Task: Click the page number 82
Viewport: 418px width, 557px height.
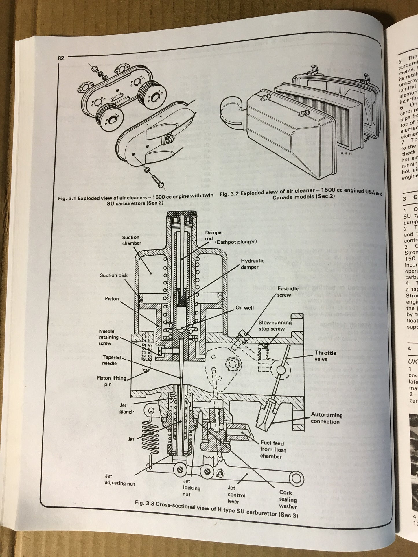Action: click(x=61, y=58)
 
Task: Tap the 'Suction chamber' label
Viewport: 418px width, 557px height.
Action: click(x=132, y=240)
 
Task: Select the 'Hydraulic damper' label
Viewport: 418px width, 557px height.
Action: click(x=252, y=264)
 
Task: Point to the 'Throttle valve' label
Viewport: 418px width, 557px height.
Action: click(x=325, y=356)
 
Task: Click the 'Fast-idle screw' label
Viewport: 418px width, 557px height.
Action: click(x=284, y=292)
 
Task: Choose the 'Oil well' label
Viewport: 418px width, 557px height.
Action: click(x=244, y=308)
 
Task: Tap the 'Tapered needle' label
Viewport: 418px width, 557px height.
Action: click(x=111, y=360)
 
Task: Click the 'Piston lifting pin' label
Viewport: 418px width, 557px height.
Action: click(x=111, y=381)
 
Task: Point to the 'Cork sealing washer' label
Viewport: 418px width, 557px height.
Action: click(x=288, y=499)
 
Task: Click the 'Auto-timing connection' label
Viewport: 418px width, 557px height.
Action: click(x=326, y=418)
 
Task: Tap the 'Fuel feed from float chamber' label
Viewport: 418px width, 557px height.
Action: click(x=272, y=449)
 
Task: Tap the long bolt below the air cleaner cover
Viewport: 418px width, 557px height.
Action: click(x=156, y=179)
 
